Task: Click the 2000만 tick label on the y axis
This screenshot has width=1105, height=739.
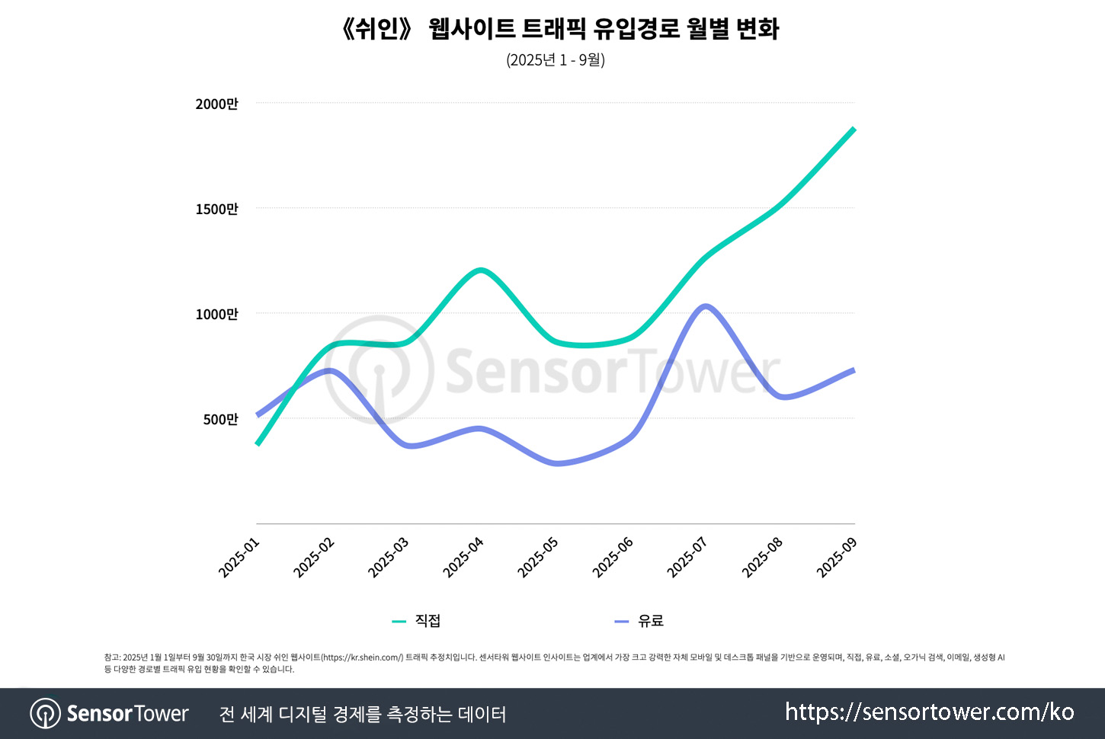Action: pyautogui.click(x=216, y=104)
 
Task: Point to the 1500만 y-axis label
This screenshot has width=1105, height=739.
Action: pyautogui.click(x=216, y=209)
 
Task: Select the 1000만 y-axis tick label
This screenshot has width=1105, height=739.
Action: pyautogui.click(x=216, y=314)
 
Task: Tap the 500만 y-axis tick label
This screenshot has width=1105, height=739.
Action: pyautogui.click(x=220, y=419)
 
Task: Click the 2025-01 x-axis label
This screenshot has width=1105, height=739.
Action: pyautogui.click(x=239, y=558)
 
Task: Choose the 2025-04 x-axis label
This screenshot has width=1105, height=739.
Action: pyautogui.click(x=463, y=558)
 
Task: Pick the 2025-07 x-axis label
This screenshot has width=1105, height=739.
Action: pyautogui.click(x=687, y=558)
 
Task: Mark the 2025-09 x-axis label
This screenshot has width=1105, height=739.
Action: pyautogui.click(x=837, y=558)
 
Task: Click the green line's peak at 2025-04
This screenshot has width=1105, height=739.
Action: pyautogui.click(x=480, y=270)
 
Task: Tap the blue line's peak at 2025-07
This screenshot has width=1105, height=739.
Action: pyautogui.click(x=706, y=306)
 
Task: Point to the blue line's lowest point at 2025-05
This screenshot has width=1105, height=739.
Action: pyautogui.click(x=557, y=463)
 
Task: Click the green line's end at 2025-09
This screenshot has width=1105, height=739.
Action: pyautogui.click(x=854, y=130)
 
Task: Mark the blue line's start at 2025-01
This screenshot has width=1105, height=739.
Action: pyautogui.click(x=258, y=415)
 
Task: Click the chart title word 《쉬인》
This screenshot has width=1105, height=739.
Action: pyautogui.click(x=377, y=29)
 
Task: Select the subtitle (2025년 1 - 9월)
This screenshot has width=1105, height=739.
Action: pyautogui.click(x=555, y=59)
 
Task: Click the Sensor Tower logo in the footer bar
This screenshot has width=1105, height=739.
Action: pyautogui.click(x=109, y=714)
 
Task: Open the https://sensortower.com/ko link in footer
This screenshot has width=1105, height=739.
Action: pyautogui.click(x=929, y=712)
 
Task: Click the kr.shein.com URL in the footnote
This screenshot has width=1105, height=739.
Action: pyautogui.click(x=362, y=657)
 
